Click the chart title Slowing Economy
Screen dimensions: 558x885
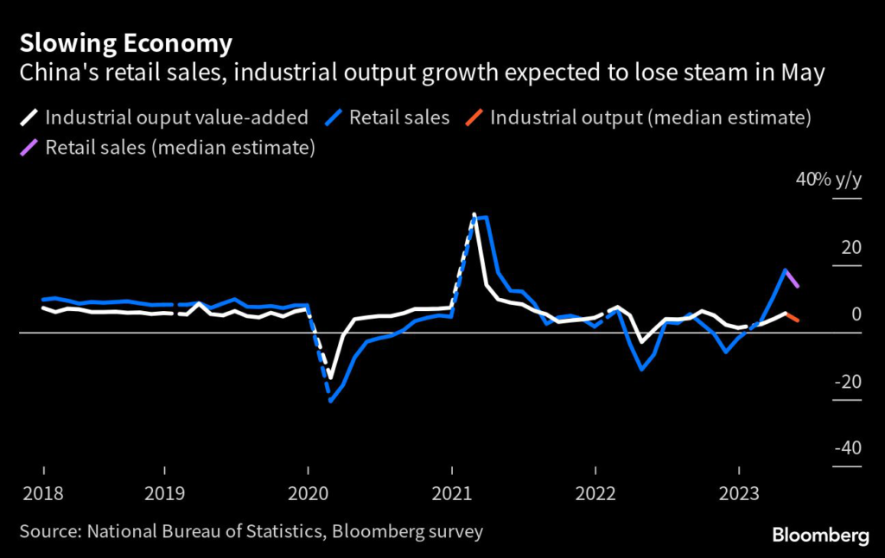[126, 43]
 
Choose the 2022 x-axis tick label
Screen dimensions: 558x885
[595, 493]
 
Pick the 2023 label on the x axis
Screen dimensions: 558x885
[739, 493]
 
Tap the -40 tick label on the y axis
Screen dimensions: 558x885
[846, 448]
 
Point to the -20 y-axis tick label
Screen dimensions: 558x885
[846, 381]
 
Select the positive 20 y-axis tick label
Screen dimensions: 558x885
[851, 247]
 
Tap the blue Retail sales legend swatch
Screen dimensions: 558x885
[334, 117]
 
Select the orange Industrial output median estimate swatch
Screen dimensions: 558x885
[474, 117]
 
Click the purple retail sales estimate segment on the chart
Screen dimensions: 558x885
[792, 278]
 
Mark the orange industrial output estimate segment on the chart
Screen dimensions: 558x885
[792, 317]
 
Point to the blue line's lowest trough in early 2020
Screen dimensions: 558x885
[330, 401]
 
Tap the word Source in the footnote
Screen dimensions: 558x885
[45, 530]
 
